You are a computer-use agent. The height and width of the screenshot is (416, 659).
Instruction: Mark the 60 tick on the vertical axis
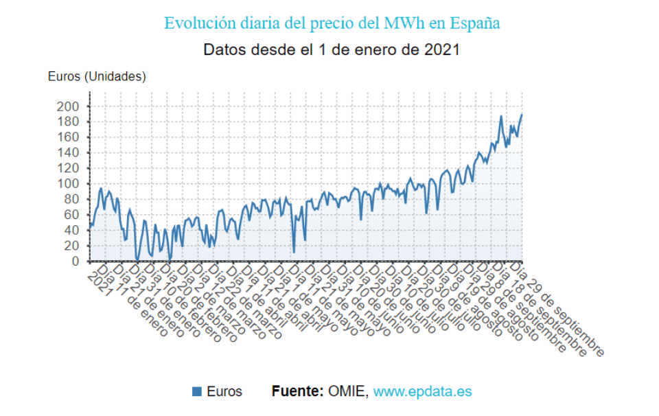click(73, 215)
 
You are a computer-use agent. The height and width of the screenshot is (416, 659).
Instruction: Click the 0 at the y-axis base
click(77, 262)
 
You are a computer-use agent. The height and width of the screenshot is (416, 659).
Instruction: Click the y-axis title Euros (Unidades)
click(97, 77)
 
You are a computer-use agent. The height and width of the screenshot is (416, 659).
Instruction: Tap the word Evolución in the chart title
click(196, 23)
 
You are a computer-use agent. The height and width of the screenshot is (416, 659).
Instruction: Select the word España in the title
click(475, 23)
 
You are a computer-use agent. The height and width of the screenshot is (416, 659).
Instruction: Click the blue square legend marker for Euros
click(197, 391)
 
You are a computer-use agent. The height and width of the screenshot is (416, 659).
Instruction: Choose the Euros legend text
click(224, 391)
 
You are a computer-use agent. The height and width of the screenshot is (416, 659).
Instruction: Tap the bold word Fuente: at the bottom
click(297, 391)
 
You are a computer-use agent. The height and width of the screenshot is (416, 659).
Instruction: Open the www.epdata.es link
click(422, 391)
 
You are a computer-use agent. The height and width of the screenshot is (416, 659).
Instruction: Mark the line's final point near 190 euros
click(522, 115)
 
